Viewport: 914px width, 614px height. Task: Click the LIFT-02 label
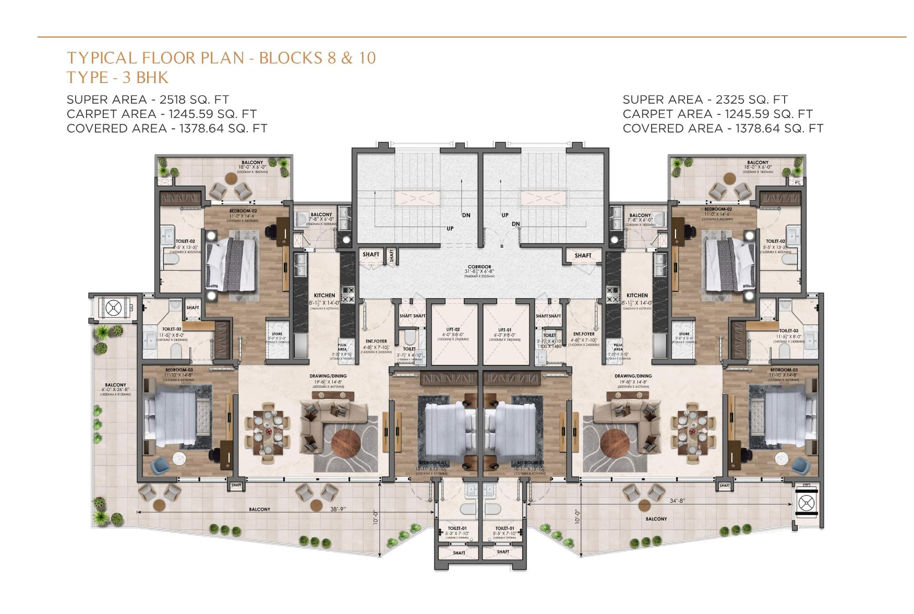453,329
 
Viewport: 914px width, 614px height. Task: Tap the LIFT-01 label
504,329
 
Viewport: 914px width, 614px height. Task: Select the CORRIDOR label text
479,267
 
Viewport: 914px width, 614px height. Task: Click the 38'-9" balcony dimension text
338,509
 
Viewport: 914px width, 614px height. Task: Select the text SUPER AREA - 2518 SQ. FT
148,99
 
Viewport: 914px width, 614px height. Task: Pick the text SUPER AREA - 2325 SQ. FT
705,99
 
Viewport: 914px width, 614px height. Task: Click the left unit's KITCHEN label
324,296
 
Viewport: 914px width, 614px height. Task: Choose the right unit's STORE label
684,334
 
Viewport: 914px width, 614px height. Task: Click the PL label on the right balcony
798,182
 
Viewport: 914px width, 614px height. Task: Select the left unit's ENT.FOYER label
376,341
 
